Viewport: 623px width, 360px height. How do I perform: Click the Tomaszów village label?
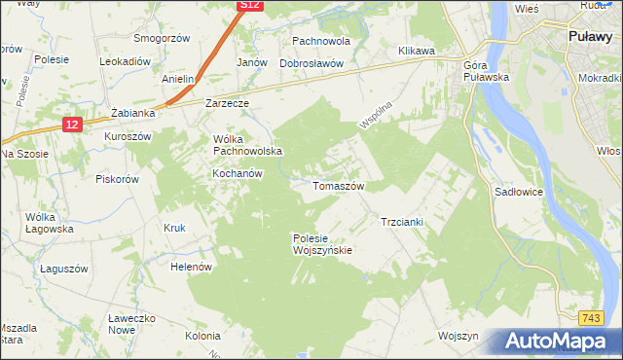tap(338, 186)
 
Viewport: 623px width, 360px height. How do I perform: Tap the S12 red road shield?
tap(249, 6)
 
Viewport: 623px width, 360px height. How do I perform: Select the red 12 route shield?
tap(73, 124)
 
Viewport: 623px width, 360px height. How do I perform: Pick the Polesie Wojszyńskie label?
tap(322, 243)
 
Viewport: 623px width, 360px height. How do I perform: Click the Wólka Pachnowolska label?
tap(246, 144)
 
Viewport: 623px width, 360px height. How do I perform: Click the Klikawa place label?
tap(416, 50)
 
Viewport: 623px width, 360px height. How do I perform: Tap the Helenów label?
tap(191, 266)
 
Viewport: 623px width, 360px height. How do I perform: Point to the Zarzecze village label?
tap(228, 102)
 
